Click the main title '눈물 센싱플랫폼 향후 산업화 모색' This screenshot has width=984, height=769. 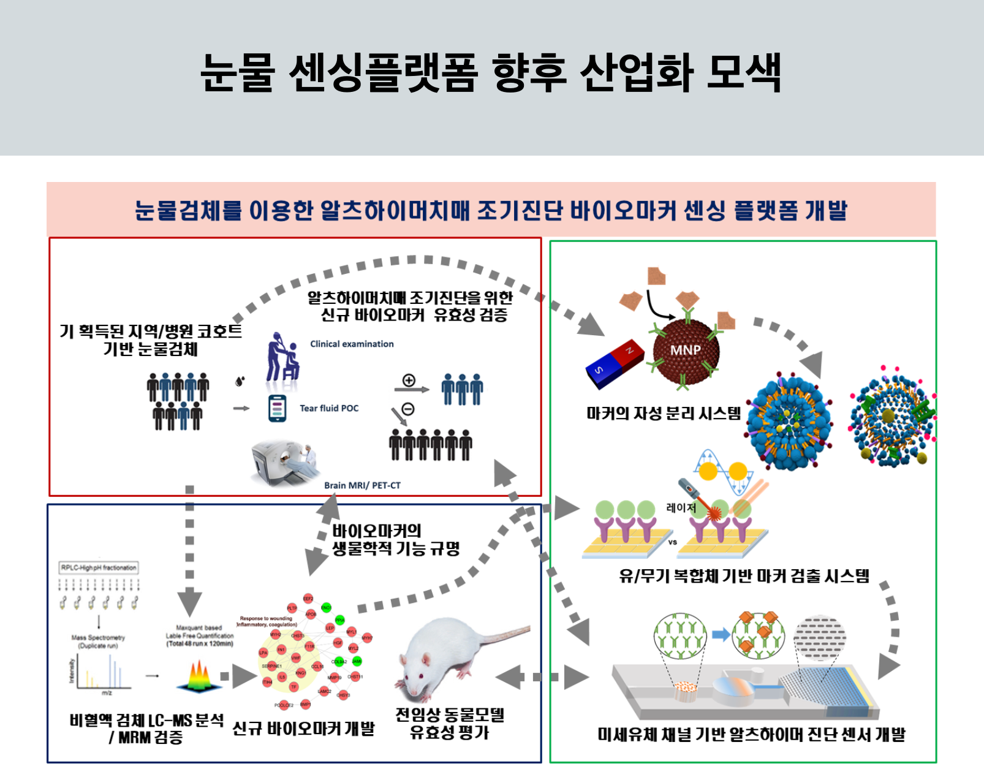pyautogui.click(x=491, y=73)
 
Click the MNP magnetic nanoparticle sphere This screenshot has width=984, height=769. pyautogui.click(x=685, y=350)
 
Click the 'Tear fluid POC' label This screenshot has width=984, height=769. pyautogui.click(x=329, y=408)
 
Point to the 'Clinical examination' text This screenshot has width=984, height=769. pyautogui.click(x=352, y=344)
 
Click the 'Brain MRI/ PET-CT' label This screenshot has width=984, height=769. pyautogui.click(x=362, y=485)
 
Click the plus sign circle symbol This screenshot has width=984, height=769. pyautogui.click(x=409, y=380)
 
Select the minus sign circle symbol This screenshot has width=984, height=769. pyautogui.click(x=408, y=409)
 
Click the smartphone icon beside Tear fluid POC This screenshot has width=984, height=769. pyautogui.click(x=277, y=409)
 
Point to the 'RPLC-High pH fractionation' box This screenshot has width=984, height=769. pyautogui.click(x=99, y=567)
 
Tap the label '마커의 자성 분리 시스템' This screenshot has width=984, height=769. pyautogui.click(x=664, y=414)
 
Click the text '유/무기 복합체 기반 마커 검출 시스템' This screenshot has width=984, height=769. pyautogui.click(x=744, y=576)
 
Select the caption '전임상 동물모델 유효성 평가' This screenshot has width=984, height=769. pyautogui.click(x=450, y=723)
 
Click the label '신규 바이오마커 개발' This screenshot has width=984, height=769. pyautogui.click(x=303, y=729)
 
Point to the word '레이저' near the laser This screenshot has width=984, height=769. pyautogui.click(x=681, y=508)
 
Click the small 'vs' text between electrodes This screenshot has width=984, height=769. pyautogui.click(x=672, y=542)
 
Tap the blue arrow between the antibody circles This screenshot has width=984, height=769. pyautogui.click(x=721, y=634)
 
